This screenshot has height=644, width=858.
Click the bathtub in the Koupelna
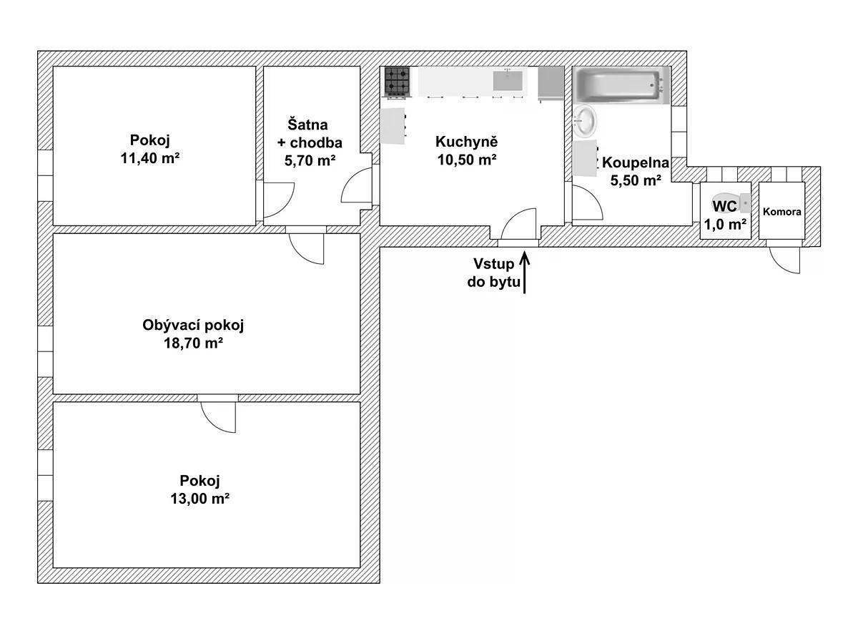621,85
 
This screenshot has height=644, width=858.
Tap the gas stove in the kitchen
397,82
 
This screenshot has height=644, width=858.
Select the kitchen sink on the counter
508,81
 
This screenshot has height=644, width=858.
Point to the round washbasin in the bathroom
585,119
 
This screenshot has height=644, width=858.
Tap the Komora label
781,212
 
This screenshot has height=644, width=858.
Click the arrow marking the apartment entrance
524,271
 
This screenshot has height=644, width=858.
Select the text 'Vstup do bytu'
493,273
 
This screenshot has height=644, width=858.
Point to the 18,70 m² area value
193,343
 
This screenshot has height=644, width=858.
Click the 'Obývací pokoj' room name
193,325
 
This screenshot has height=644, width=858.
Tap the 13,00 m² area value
199,499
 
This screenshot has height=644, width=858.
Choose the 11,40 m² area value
150,158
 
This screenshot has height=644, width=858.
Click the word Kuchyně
467,141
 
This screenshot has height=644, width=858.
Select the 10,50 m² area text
467,160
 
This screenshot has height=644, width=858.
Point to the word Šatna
307,125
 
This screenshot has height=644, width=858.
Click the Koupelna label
636,162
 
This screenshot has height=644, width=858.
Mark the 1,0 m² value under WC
725,225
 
